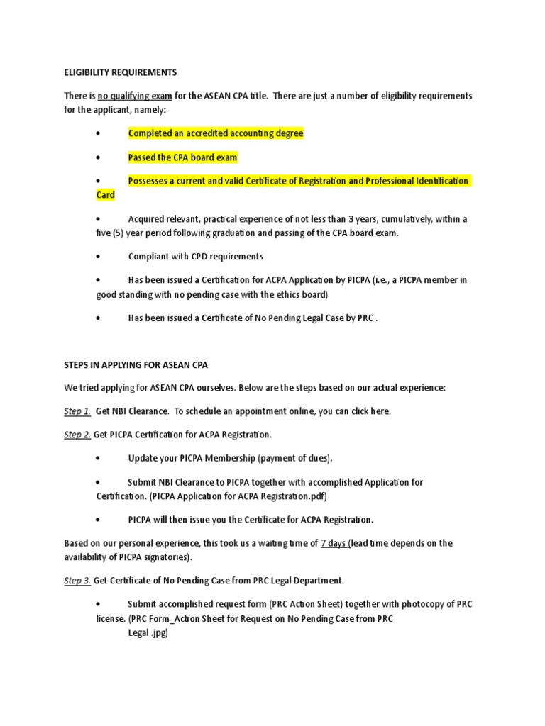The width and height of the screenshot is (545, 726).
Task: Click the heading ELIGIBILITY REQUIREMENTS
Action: click(x=120, y=73)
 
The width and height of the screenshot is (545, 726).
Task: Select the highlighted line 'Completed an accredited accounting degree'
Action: click(x=216, y=133)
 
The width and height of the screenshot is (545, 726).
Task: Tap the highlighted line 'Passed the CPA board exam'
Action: click(x=182, y=157)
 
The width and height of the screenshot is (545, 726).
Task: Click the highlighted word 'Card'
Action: click(x=106, y=194)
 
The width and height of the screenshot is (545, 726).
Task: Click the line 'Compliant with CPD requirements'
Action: click(x=195, y=256)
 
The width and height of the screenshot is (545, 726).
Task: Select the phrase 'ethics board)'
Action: click(x=302, y=294)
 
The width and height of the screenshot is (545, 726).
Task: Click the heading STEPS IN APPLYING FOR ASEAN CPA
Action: click(x=136, y=364)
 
